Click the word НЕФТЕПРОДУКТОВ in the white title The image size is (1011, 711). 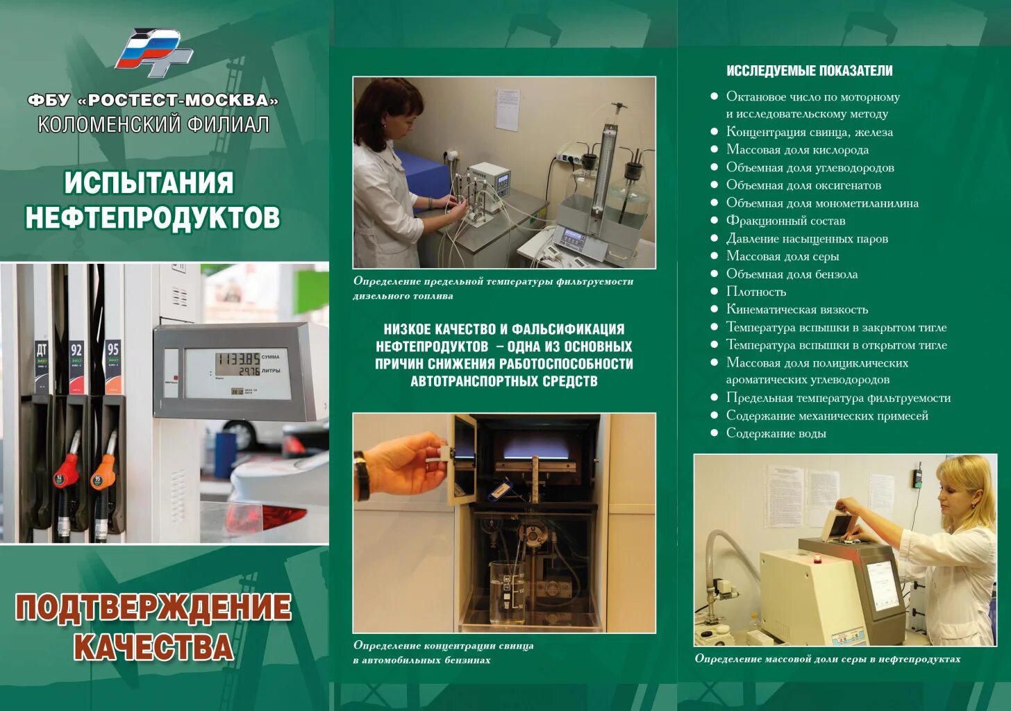[x=153, y=217]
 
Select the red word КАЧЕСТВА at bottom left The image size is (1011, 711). [x=153, y=646]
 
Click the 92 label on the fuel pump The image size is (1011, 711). [x=76, y=350]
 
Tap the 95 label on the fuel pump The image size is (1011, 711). [x=112, y=349]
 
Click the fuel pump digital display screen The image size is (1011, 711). [x=237, y=373]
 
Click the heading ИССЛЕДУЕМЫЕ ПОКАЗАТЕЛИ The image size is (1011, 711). [x=809, y=71]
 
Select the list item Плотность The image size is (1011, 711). [x=755, y=292]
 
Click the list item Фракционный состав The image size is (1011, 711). [x=785, y=221]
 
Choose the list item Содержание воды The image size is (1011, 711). [x=776, y=433]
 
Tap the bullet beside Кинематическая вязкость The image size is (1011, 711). [x=714, y=309]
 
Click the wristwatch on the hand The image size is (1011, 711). [x=361, y=476]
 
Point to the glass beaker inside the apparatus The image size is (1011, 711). [x=508, y=592]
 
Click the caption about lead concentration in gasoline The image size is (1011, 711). [x=443, y=653]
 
